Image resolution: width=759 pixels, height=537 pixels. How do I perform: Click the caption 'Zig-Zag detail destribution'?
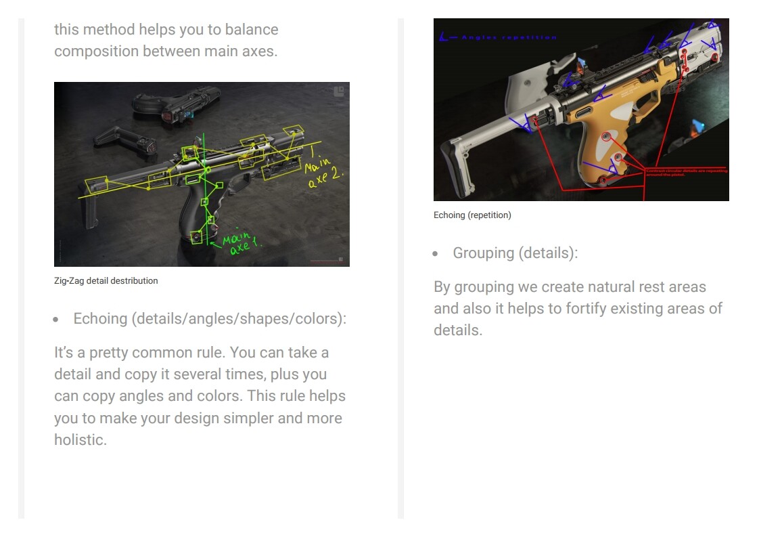[x=106, y=280]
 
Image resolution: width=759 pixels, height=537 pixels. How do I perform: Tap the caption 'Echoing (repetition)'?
[x=472, y=215]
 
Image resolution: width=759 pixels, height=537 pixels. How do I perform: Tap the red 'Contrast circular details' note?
[x=686, y=172]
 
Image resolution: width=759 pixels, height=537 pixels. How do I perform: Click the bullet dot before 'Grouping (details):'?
[x=436, y=254]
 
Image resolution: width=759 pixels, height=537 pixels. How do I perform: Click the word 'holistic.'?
[x=80, y=439]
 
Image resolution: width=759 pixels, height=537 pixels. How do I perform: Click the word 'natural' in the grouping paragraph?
[x=584, y=286]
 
